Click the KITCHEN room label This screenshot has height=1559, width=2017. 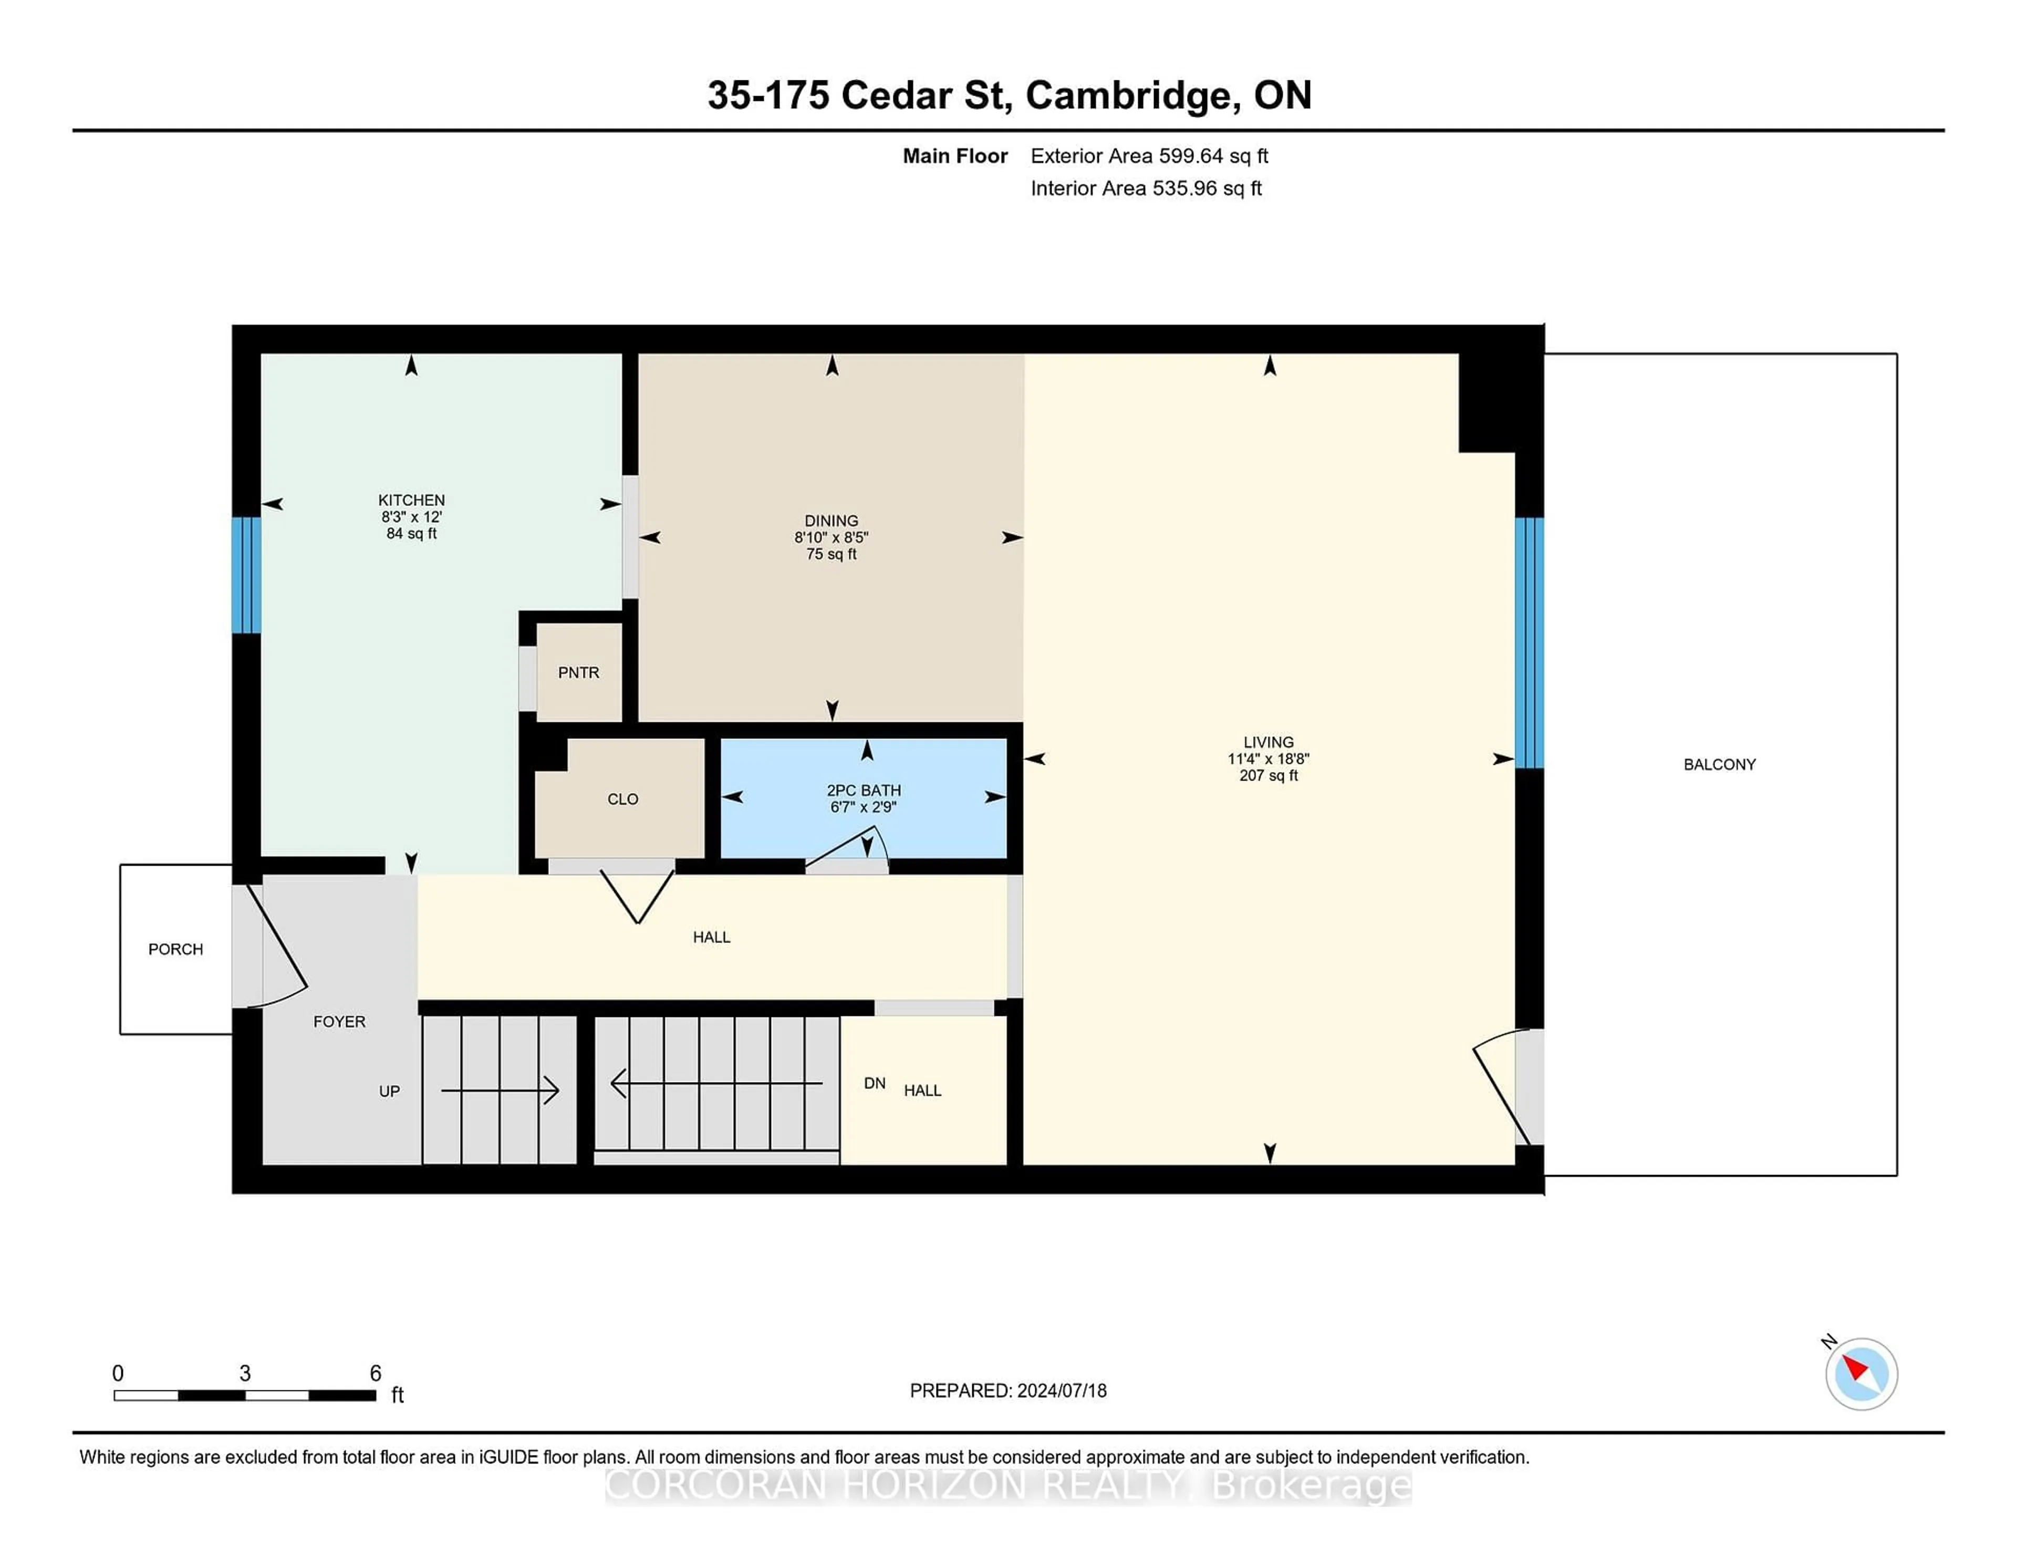click(411, 500)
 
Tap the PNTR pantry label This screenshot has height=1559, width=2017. click(578, 672)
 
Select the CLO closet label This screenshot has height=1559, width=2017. click(622, 799)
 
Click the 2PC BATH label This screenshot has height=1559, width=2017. click(864, 791)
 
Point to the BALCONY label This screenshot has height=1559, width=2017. click(1719, 765)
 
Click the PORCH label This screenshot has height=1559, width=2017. click(175, 950)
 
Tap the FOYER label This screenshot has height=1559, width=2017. click(339, 1022)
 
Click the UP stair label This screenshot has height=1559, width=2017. click(389, 1092)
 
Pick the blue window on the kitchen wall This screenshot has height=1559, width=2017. click(246, 575)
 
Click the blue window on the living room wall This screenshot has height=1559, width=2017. click(1530, 643)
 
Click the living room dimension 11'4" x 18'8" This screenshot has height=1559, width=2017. click(1268, 759)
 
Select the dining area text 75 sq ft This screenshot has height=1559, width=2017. click(831, 554)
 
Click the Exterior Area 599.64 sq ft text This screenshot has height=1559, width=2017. click(1149, 156)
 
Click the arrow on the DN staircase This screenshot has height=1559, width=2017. click(716, 1083)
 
